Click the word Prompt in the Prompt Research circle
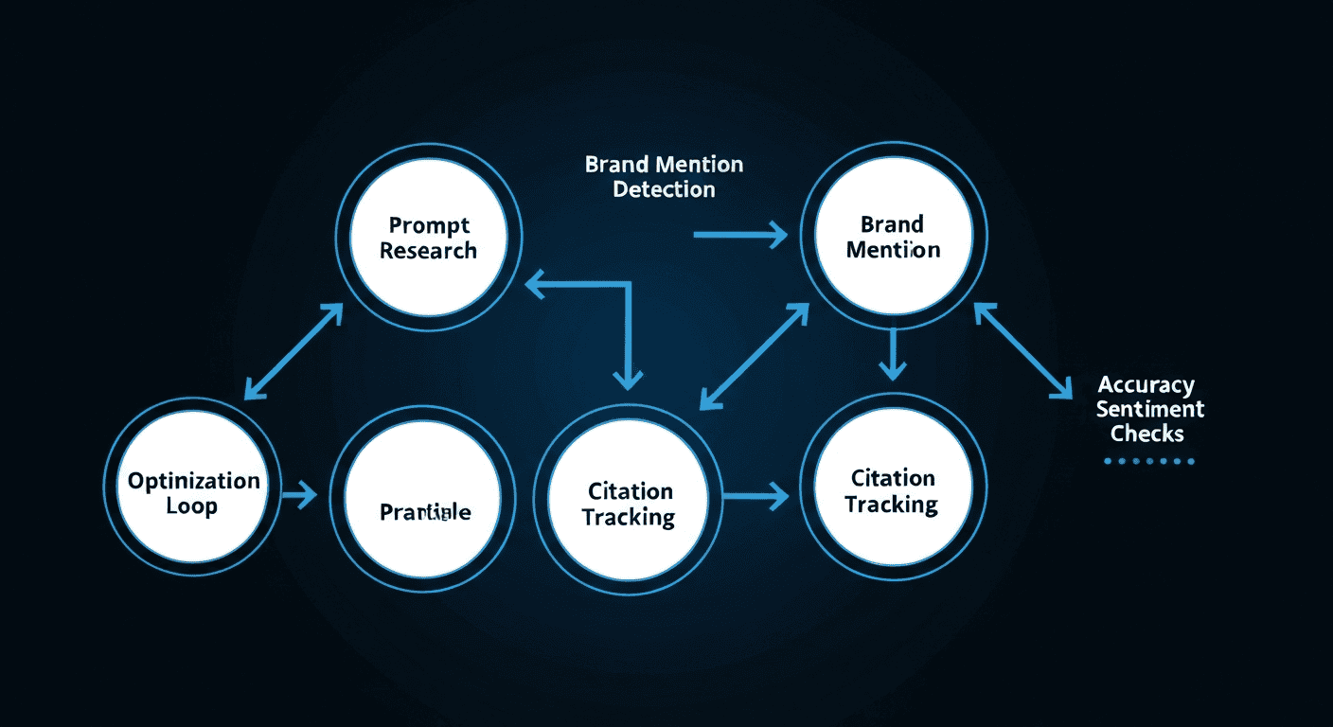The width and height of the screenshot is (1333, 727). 429,226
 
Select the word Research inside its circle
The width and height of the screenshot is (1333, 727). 429,252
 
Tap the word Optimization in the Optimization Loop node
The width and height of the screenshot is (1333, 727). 194,481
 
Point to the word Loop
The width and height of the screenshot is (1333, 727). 192,506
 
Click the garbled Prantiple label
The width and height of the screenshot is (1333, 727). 425,512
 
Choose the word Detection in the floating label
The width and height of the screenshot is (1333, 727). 664,189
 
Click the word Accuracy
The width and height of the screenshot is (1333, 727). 1146,385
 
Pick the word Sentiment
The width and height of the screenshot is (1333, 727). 1150,409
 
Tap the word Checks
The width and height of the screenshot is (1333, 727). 1147,434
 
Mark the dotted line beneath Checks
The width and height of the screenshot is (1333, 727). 1149,462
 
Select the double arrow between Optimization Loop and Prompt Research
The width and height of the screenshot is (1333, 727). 293,351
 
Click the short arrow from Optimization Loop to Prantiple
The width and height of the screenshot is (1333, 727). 301,494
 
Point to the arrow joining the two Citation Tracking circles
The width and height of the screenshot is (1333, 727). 755,494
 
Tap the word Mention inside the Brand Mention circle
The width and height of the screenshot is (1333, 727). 893,250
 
